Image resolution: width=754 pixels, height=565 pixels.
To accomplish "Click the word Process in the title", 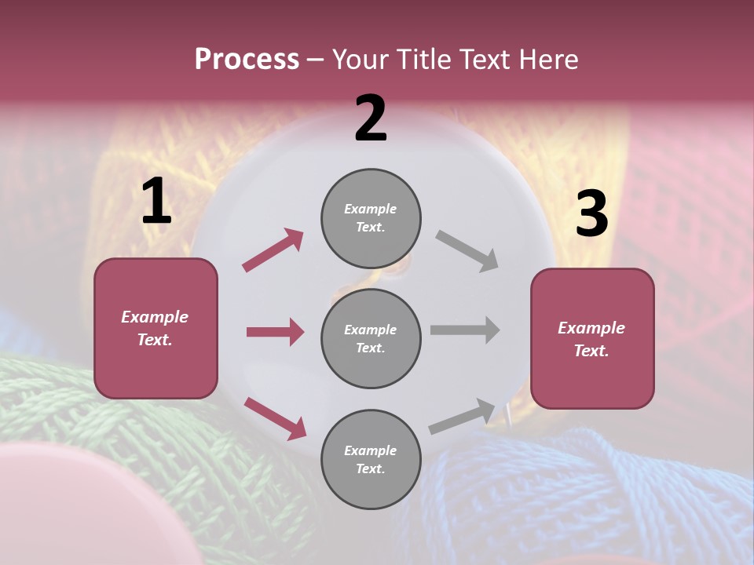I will (247, 60).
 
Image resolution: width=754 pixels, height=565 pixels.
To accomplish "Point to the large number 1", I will (156, 202).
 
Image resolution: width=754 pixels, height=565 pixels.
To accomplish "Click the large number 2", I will (371, 118).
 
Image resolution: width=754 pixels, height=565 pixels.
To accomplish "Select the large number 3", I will (591, 213).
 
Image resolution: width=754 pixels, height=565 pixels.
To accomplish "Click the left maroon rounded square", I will (156, 328).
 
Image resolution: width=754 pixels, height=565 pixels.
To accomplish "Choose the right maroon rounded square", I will (592, 339).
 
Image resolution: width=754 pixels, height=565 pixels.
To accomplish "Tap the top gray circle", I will (371, 218).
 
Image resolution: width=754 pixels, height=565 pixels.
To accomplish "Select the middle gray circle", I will (371, 338).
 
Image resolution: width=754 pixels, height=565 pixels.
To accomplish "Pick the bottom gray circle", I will (371, 459).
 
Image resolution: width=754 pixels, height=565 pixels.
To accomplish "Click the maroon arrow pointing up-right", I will (273, 250).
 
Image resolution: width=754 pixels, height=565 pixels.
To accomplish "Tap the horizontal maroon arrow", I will (275, 332).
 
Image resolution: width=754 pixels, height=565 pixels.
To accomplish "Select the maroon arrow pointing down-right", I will (276, 418).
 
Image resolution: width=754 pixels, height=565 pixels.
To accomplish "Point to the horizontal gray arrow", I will (465, 330).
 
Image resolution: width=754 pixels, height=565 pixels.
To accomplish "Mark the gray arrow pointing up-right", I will (463, 417).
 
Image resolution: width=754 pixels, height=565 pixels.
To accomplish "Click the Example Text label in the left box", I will (155, 328).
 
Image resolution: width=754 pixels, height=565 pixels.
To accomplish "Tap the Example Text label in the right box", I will (591, 339).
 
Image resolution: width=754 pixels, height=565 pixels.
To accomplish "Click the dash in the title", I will (316, 60).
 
